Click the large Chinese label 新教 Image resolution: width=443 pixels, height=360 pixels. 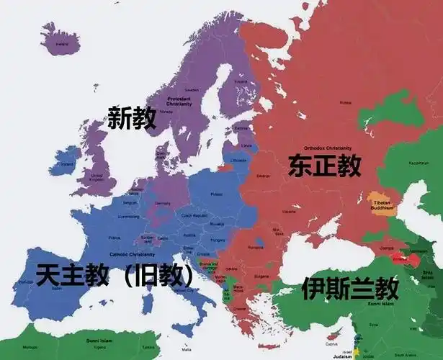(131, 117)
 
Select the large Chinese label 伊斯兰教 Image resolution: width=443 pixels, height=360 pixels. (350, 289)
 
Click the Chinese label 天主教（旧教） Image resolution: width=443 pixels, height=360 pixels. (115, 275)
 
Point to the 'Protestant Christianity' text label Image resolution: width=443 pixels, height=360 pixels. (179, 102)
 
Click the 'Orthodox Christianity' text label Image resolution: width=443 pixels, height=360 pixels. (326, 147)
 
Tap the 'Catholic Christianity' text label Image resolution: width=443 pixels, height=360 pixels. (133, 255)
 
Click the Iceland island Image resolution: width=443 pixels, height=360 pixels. (63, 40)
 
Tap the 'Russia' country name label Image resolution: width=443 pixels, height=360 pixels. (346, 102)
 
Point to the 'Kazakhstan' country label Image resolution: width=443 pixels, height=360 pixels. (418, 163)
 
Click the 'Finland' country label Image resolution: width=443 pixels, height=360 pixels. (241, 82)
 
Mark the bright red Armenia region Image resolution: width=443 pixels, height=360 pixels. (398, 257)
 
